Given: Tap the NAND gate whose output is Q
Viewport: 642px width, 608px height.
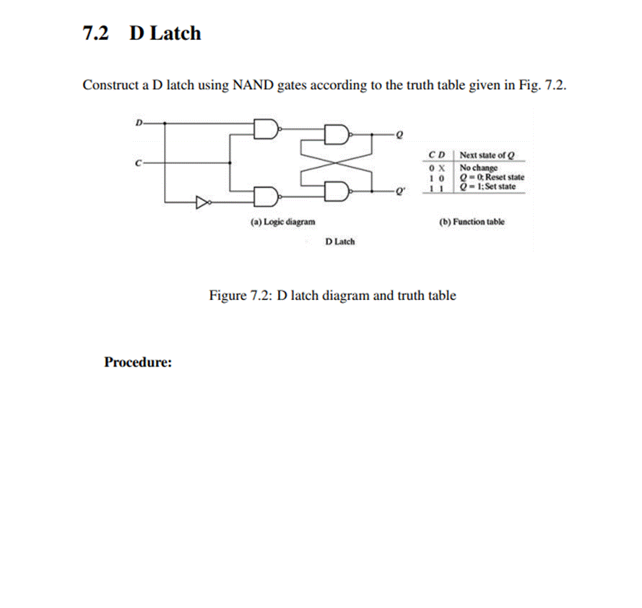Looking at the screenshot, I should point(337,134).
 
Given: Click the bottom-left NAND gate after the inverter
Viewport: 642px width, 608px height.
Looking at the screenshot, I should point(266,195).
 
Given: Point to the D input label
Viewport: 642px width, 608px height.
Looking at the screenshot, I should point(138,122).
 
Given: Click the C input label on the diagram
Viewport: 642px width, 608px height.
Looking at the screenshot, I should point(138,163).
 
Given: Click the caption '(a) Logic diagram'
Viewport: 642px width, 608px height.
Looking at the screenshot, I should point(282,222).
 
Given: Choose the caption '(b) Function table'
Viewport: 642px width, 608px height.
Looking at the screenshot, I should point(472,222).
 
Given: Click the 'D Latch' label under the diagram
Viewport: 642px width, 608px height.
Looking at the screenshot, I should point(339,241).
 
